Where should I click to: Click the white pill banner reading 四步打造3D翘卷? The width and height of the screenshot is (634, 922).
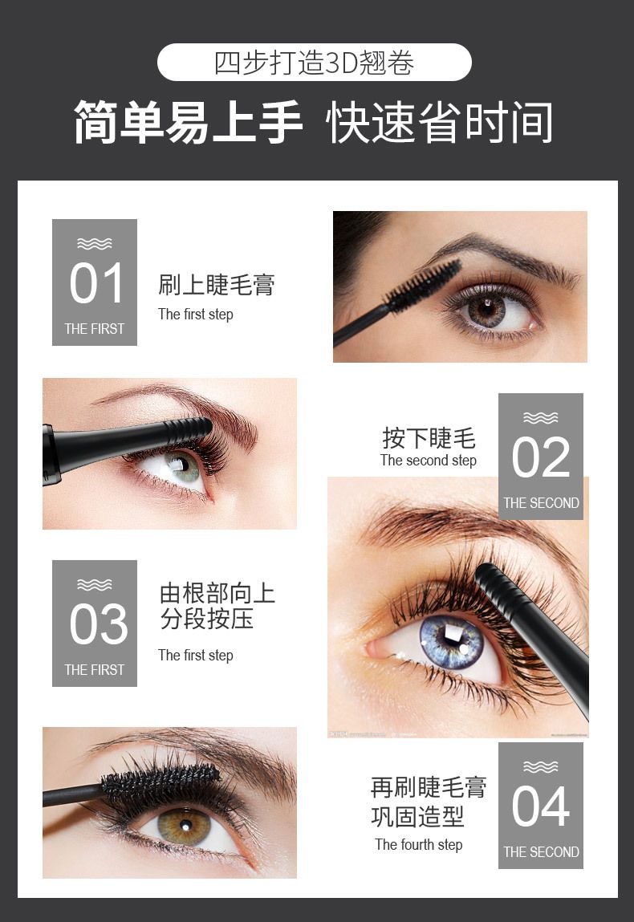(314, 63)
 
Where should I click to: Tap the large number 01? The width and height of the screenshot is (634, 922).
(96, 283)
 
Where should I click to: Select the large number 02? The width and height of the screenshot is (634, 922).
(541, 457)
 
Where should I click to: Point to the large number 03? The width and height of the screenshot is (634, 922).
(98, 624)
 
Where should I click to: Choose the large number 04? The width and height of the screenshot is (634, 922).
(541, 806)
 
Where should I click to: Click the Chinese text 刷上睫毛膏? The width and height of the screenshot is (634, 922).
(217, 285)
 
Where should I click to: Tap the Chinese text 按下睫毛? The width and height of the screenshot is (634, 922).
(429, 438)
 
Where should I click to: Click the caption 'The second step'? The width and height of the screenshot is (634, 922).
(429, 461)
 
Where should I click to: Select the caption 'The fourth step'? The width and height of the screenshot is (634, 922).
(419, 845)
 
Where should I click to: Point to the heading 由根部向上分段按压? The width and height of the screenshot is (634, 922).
(217, 606)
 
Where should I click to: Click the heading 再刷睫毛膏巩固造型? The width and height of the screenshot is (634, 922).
(429, 802)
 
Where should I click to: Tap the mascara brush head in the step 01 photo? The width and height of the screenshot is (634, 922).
(424, 285)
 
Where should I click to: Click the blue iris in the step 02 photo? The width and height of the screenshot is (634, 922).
(451, 641)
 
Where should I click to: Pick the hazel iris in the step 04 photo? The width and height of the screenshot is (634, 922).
(184, 826)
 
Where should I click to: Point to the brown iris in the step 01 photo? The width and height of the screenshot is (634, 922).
(487, 309)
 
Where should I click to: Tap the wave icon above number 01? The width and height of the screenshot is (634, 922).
(94, 243)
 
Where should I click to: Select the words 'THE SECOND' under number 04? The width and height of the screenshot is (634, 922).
(541, 852)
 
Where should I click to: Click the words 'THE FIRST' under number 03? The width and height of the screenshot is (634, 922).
(95, 670)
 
